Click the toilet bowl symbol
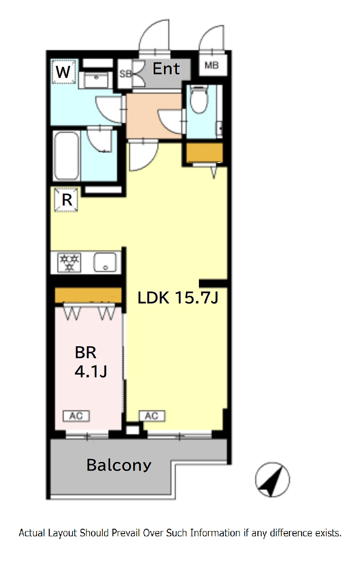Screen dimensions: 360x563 pos(199,99)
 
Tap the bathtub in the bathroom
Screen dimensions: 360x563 pos(66,156)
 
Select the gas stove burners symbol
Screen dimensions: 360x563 pos(69,263)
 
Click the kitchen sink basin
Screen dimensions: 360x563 pos(105,262)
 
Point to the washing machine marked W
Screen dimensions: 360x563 pos(63,72)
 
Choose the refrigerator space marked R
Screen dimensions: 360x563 pos(66,200)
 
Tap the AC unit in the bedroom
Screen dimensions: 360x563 pos(76,416)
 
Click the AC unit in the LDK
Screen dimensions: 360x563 pos(152,416)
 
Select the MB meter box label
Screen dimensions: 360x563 pos(211,65)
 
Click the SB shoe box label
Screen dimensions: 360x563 pos(125,74)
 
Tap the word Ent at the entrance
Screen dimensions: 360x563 pos(166,69)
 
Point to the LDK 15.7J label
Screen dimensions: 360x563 pos(178,298)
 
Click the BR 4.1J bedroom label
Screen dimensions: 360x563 pos(91,362)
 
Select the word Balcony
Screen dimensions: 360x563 pos(119,466)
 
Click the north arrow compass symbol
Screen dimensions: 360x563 pos(272,480)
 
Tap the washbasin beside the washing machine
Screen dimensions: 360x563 pos(96,80)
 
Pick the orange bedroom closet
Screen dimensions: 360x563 pos(88,296)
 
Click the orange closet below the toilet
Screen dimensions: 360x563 pos(205,153)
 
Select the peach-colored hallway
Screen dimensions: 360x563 pos(154,116)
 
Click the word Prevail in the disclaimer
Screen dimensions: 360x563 pos(125,533)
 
